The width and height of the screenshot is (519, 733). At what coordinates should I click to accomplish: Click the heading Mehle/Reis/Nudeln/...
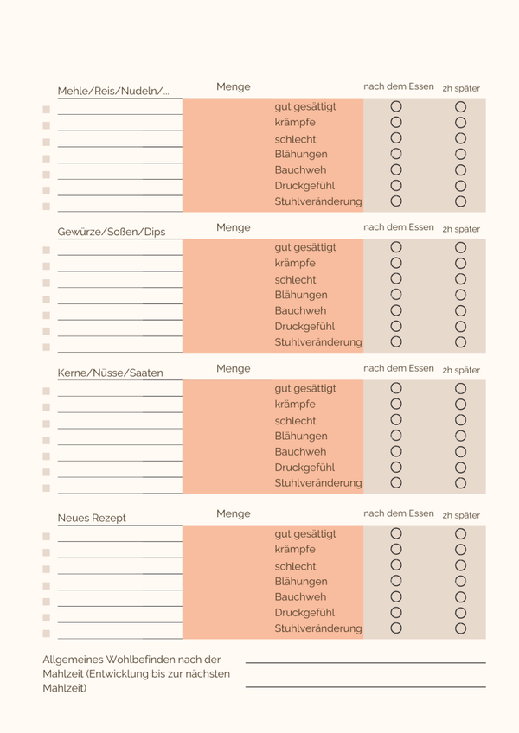pyautogui.click(x=113, y=91)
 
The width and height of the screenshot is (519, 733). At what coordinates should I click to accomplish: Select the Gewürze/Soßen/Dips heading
pyautogui.click(x=112, y=232)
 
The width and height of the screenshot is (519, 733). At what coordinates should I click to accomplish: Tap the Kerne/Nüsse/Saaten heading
pyautogui.click(x=110, y=373)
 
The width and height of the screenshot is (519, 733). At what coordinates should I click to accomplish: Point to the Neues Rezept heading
pyautogui.click(x=92, y=518)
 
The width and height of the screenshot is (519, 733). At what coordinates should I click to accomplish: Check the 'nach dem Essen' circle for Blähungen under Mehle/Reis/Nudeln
pyautogui.click(x=396, y=154)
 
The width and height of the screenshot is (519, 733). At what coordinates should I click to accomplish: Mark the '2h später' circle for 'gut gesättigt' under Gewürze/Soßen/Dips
pyautogui.click(x=460, y=247)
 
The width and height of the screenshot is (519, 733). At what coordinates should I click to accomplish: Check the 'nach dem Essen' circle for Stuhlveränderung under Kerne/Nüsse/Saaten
pyautogui.click(x=396, y=482)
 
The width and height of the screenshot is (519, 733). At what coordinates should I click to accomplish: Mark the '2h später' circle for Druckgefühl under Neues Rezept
pyautogui.click(x=460, y=612)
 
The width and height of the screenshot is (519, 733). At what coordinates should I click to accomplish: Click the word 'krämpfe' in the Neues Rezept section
pyautogui.click(x=295, y=549)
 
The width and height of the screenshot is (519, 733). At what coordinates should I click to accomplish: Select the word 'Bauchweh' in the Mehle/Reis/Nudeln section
pyautogui.click(x=300, y=169)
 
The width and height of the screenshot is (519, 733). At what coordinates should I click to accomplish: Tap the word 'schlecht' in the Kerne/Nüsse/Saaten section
pyautogui.click(x=295, y=420)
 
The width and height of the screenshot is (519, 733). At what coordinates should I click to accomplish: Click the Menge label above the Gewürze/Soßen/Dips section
pyautogui.click(x=234, y=227)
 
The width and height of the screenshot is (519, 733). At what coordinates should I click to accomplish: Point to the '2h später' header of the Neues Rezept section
pyautogui.click(x=461, y=515)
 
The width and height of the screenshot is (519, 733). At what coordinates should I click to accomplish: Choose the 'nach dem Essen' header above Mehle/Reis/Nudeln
pyautogui.click(x=398, y=86)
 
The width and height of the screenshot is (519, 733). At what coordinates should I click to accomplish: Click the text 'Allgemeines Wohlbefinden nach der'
pyautogui.click(x=131, y=659)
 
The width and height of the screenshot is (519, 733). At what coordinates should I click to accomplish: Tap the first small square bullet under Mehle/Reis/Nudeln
pyautogui.click(x=46, y=110)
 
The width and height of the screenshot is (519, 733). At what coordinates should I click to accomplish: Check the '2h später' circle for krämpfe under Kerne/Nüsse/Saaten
pyautogui.click(x=460, y=404)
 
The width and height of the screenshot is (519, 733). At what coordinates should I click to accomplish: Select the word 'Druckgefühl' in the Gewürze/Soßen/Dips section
pyautogui.click(x=304, y=326)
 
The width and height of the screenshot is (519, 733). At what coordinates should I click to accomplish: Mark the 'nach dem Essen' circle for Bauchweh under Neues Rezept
pyautogui.click(x=396, y=596)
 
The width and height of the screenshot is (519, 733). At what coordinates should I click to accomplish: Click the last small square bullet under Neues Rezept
pyautogui.click(x=46, y=634)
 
